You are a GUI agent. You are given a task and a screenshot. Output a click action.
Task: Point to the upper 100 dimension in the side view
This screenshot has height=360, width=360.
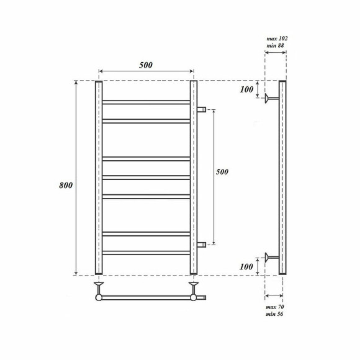pyautogui.click(x=246, y=89)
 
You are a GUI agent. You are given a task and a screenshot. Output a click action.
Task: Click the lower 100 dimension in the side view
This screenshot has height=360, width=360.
pyautogui.click(x=246, y=266)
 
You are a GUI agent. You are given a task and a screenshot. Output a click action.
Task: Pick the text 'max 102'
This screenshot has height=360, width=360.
pyautogui.click(x=276, y=38)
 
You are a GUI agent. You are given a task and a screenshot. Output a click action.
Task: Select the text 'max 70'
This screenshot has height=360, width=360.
pyautogui.click(x=275, y=307)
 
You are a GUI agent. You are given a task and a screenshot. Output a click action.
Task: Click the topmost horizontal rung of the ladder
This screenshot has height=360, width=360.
pyautogui.click(x=146, y=101)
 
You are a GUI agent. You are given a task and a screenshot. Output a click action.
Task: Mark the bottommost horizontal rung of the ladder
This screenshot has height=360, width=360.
pyautogui.click(x=146, y=253)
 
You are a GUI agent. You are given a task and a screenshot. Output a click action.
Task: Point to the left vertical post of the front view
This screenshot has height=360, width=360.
pyautogui.click(x=98, y=178)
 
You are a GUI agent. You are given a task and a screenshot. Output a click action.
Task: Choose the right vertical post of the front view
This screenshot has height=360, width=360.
pyautogui.click(x=193, y=178)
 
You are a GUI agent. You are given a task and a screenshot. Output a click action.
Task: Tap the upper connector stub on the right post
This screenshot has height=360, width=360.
pyautogui.click(x=201, y=110)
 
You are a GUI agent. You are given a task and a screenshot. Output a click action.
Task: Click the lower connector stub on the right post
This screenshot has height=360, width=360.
pyautogui.click(x=201, y=245)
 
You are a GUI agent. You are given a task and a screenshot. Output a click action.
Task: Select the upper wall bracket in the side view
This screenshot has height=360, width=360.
pyautogui.click(x=271, y=97)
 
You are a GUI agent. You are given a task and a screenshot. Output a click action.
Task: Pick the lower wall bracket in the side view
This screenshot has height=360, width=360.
pyautogui.click(x=271, y=256)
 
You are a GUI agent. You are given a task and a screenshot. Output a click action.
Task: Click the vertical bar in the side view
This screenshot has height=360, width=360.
pyautogui.click(x=282, y=178)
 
